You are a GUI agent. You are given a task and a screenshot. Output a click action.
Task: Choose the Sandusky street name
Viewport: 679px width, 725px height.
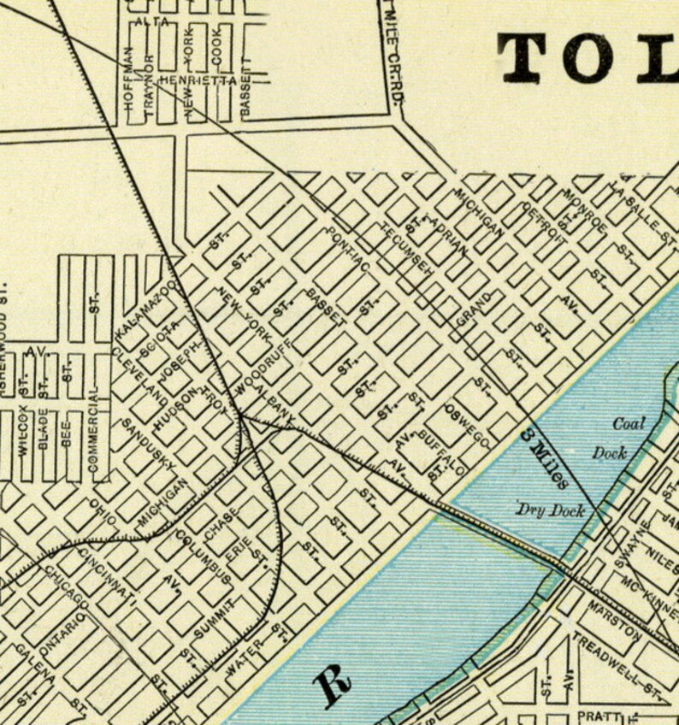click(148, 444)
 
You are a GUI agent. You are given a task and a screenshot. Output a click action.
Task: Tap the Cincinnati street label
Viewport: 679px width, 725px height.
click(107, 572)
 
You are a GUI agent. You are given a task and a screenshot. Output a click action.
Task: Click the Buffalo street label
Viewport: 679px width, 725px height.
click(442, 451)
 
